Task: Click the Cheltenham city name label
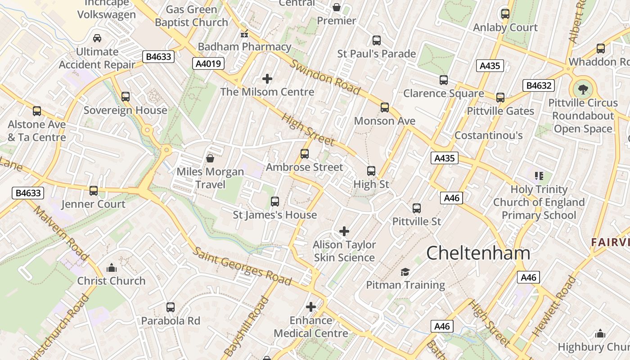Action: coord(478,253)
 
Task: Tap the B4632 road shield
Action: coord(539,85)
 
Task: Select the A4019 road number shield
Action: coord(209,63)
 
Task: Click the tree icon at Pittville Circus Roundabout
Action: coord(583,89)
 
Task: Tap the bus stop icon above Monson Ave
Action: coord(384,107)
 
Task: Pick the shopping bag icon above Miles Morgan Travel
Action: coord(210,158)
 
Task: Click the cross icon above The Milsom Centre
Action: coord(267,79)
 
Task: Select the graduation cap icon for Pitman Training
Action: coord(405,272)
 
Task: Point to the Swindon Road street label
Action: coord(324,77)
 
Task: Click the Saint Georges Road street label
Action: coord(243,265)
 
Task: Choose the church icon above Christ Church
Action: coord(112,268)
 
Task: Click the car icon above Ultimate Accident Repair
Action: coord(97,38)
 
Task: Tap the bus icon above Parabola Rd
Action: coord(171,307)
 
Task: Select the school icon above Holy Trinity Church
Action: coord(539,175)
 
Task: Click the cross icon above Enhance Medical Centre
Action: coord(311,307)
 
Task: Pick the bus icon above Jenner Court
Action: coord(94,190)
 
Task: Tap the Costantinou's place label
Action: coord(488,135)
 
